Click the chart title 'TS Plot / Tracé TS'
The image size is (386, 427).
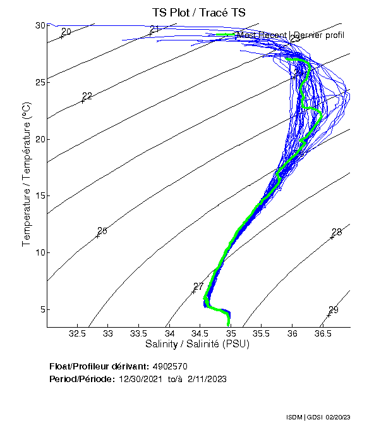(x=198, y=12)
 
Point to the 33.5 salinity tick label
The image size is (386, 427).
(x=138, y=333)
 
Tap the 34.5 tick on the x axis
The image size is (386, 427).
(x=200, y=333)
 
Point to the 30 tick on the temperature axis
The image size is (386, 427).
(x=40, y=25)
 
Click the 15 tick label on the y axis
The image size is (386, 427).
(x=40, y=196)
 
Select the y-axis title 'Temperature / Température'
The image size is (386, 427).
(x=26, y=175)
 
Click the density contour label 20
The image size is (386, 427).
(x=66, y=32)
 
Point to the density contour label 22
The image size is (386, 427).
(x=87, y=96)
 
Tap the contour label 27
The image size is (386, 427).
(x=198, y=287)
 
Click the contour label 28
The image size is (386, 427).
(x=337, y=232)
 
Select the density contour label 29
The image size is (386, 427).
(x=334, y=310)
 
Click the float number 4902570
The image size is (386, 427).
(x=170, y=366)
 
